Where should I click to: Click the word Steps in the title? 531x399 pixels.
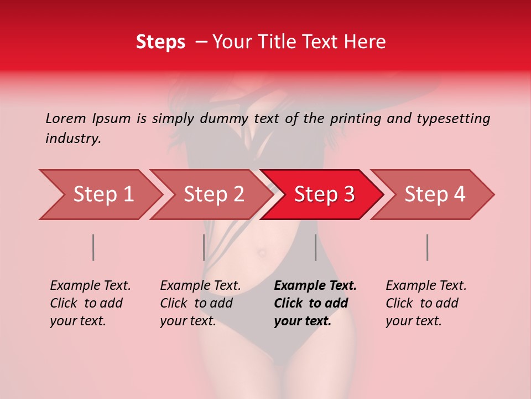[160, 42]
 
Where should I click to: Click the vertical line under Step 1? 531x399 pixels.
[93, 247]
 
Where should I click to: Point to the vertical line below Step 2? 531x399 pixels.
[204, 247]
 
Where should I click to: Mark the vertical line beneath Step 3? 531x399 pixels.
[315, 247]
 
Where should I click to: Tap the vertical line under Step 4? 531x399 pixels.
[428, 247]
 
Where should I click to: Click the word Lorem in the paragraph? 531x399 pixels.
[66, 118]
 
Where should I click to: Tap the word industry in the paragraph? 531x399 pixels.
[72, 139]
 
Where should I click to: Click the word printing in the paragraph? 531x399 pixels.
[356, 118]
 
